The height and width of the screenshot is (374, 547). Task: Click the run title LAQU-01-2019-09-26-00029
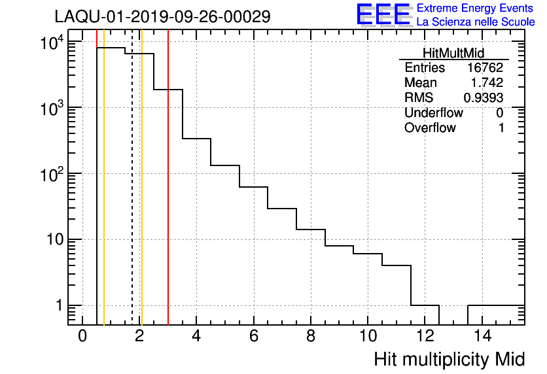coord(162,17)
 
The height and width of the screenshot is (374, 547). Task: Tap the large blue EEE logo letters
coord(383,15)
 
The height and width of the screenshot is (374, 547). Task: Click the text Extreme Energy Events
coord(476,8)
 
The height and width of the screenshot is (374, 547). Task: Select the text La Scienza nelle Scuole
coord(476,22)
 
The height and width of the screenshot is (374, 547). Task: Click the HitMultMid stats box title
coord(453,54)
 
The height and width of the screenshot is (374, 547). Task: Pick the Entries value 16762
coord(485,68)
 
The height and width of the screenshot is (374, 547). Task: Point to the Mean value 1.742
coord(489,83)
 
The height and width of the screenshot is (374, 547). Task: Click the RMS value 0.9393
coord(484,97)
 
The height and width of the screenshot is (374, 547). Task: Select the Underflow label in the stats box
coord(433,112)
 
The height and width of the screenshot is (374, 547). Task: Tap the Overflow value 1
coord(501,127)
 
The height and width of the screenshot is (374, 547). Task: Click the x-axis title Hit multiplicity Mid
coord(449,359)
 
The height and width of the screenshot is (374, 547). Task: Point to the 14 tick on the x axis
coord(482,336)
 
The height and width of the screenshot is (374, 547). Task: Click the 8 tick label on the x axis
coord(311,336)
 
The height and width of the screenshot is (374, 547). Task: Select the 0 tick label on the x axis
coord(82,336)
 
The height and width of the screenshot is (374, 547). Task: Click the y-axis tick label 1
coord(58,306)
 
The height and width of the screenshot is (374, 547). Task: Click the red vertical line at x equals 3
coord(168,196)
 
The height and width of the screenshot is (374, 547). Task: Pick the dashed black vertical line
coord(132,196)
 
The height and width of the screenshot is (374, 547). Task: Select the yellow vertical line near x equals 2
coord(141,196)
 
